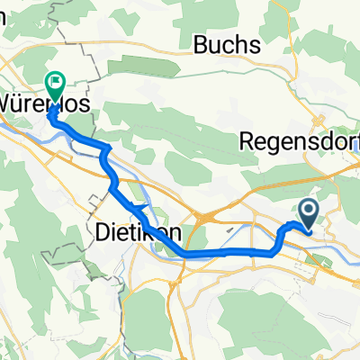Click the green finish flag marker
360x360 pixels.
pyautogui.click(x=57, y=85)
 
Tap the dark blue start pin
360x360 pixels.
pyautogui.click(x=308, y=213)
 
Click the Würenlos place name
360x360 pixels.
pyautogui.click(x=45, y=103)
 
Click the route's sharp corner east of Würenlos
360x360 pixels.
pyautogui.click(x=107, y=146)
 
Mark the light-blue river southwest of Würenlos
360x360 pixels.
pyautogui.click(x=18, y=126)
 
